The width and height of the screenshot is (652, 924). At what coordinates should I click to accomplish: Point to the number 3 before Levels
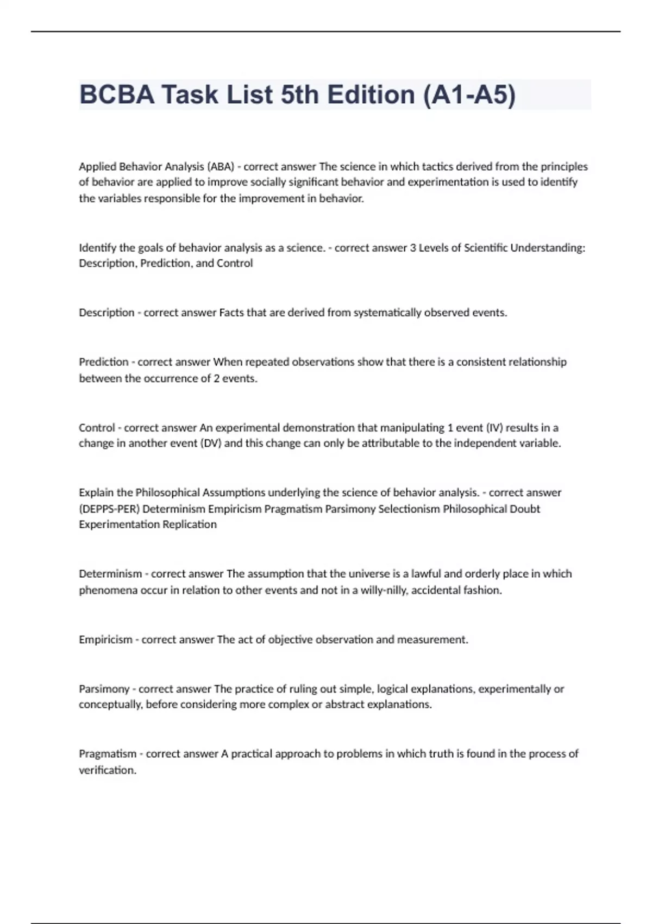(x=413, y=248)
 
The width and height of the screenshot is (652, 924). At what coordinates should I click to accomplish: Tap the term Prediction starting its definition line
(x=104, y=362)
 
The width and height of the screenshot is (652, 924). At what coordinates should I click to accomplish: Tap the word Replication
(x=189, y=525)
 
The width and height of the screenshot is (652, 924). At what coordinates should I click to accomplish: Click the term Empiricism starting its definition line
(x=105, y=640)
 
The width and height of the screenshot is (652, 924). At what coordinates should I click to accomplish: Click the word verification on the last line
(x=107, y=770)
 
